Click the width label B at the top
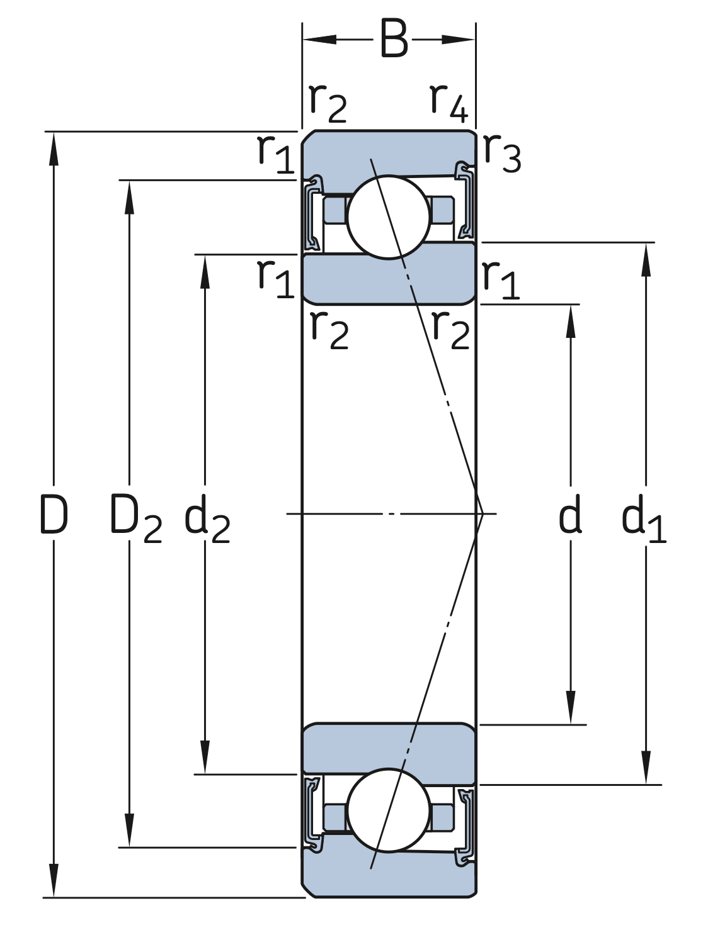pyautogui.click(x=394, y=39)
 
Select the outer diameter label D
pyautogui.click(x=54, y=515)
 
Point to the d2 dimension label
pyautogui.click(x=207, y=518)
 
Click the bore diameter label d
pyautogui.click(x=570, y=514)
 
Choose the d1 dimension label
pyautogui.click(x=644, y=518)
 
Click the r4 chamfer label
pyautogui.click(x=449, y=103)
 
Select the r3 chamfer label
pyautogui.click(x=502, y=153)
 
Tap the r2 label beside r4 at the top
pyautogui.click(x=328, y=103)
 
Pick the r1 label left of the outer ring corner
pyautogui.click(x=276, y=154)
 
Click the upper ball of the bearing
pyautogui.click(x=389, y=217)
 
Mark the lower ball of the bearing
pyautogui.click(x=389, y=810)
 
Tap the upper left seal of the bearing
pyautogui.click(x=314, y=213)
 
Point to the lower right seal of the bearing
pyautogui.click(x=465, y=827)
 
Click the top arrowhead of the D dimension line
pyautogui.click(x=54, y=149)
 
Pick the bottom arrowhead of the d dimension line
pyautogui.click(x=571, y=707)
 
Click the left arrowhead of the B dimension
pyautogui.click(x=319, y=40)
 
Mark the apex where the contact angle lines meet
pyautogui.click(x=483, y=514)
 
